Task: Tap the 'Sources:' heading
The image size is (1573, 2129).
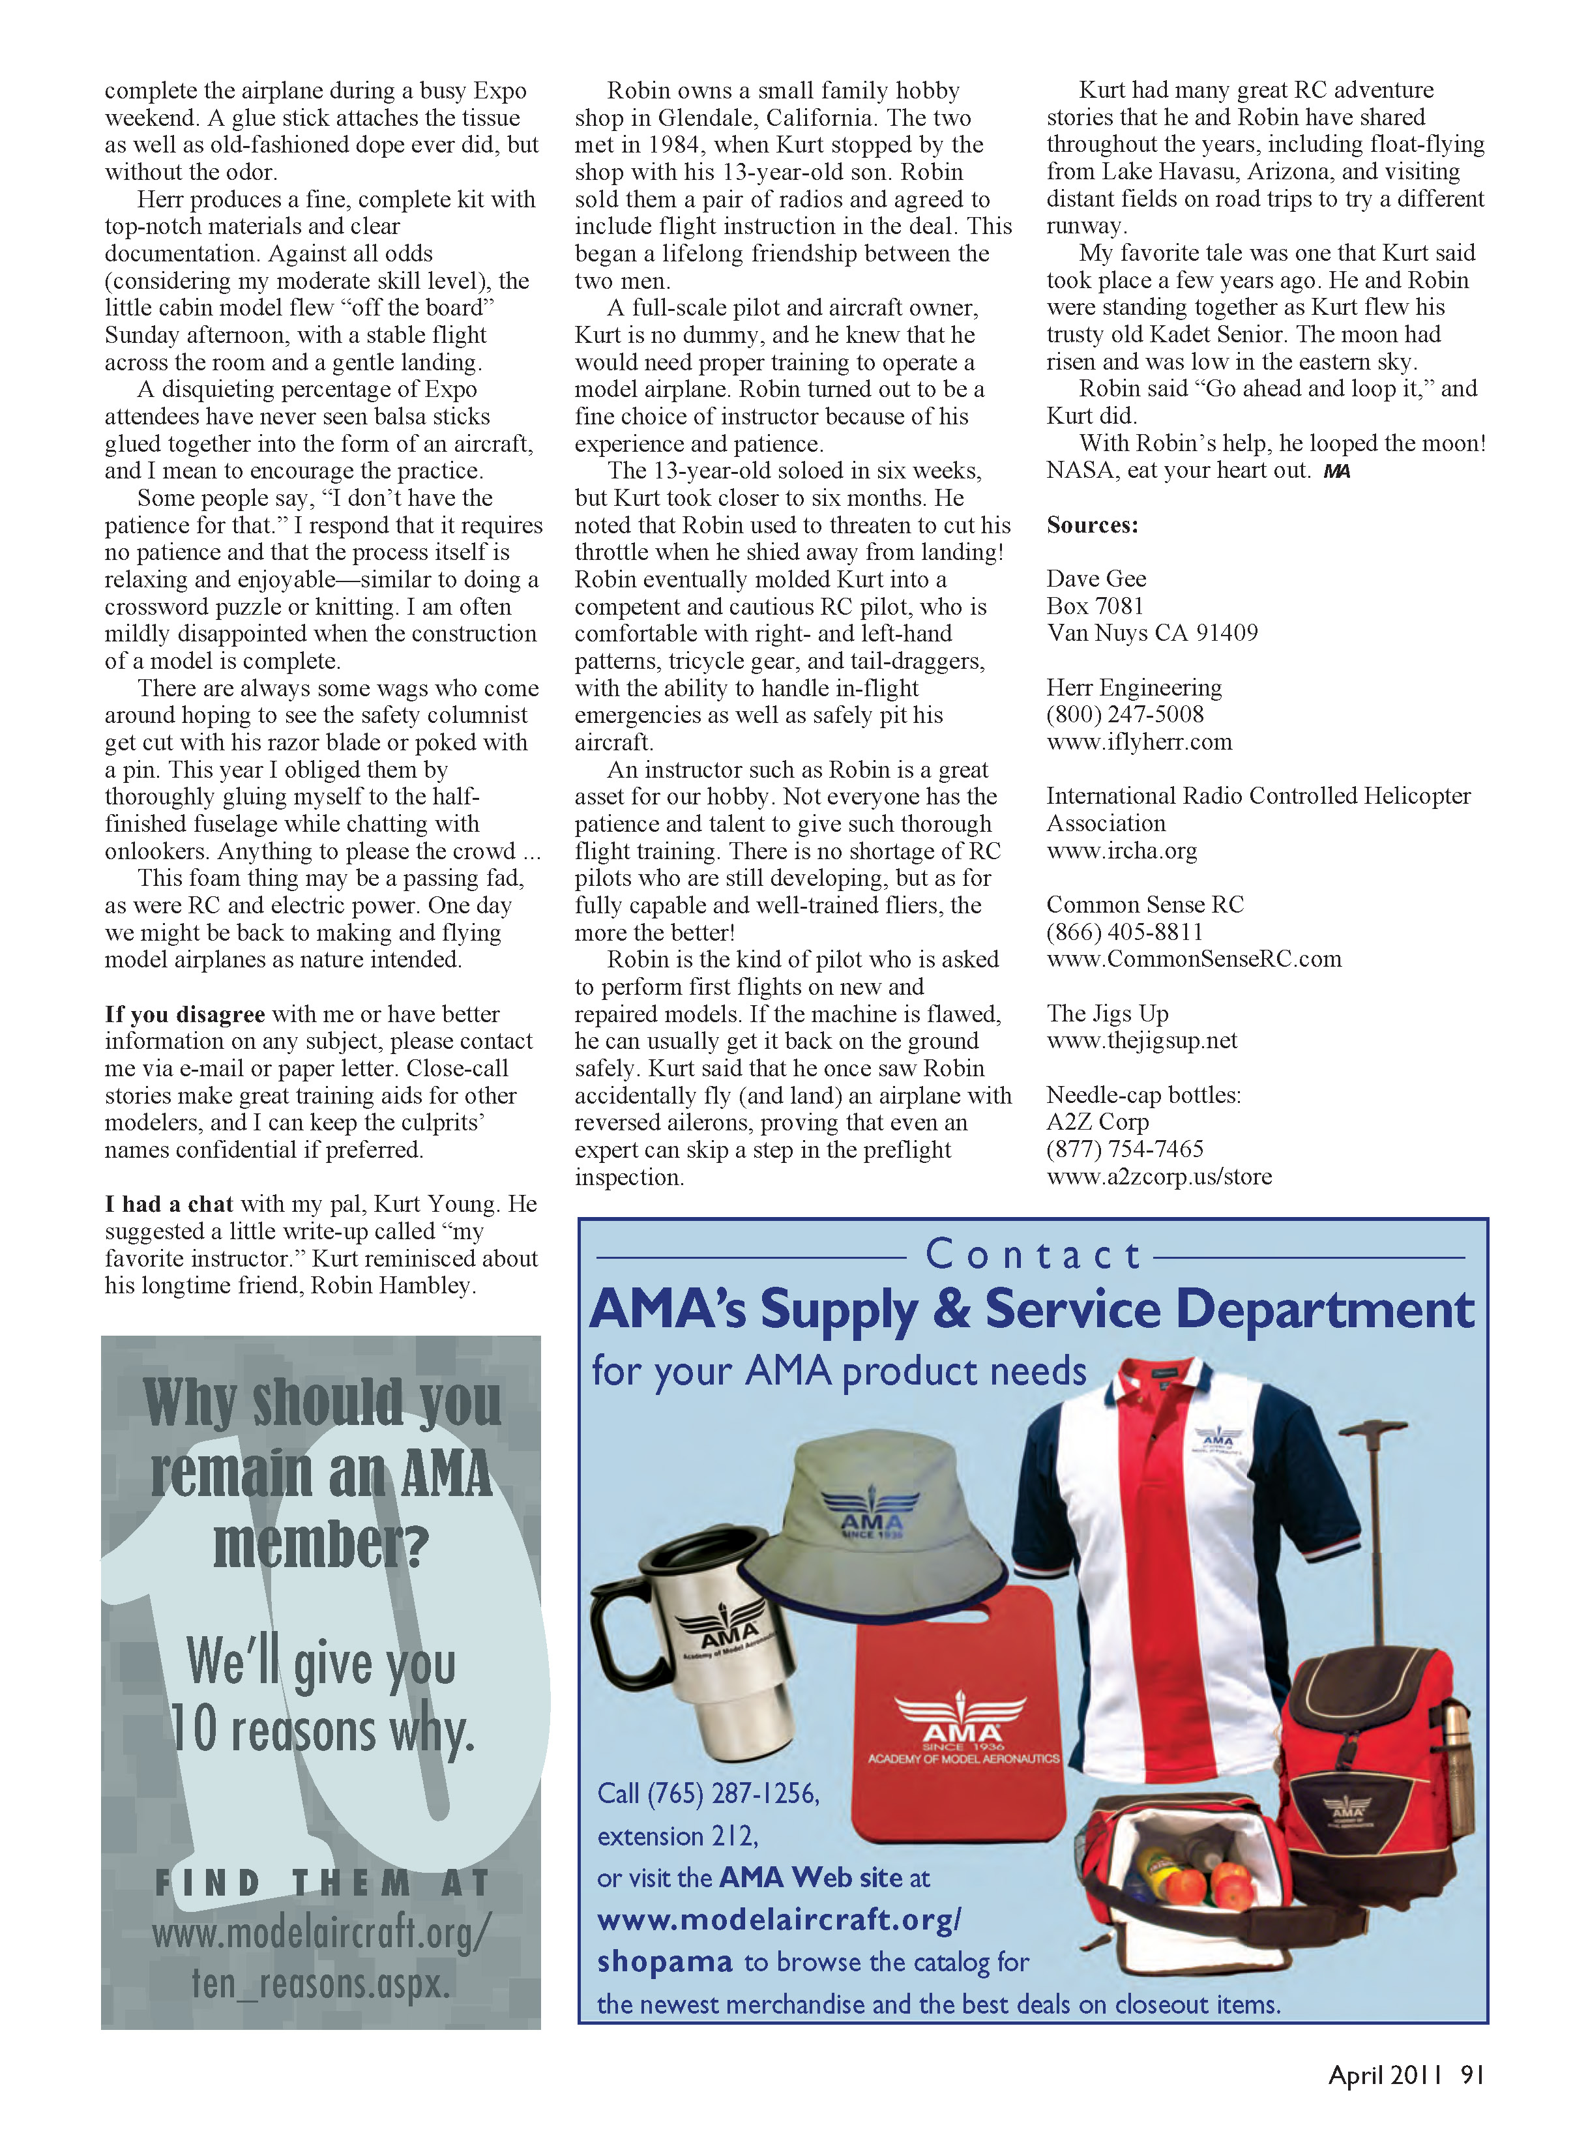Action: point(1092,525)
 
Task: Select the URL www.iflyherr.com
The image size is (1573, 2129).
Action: point(1139,742)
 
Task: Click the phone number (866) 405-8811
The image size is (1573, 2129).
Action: point(1125,932)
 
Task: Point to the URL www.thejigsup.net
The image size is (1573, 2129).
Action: point(1141,1040)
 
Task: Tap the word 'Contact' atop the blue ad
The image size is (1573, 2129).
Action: point(1033,1254)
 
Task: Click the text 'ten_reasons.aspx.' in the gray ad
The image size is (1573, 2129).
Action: point(321,1984)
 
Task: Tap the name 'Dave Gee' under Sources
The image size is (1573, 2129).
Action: point(1096,579)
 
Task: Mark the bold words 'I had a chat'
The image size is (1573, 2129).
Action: point(169,1205)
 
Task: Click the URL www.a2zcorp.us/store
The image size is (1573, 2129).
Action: point(1159,1177)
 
